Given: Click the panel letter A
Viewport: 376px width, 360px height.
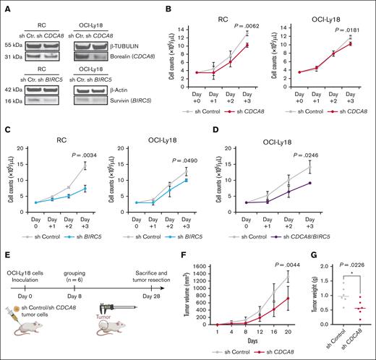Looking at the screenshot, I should [x=5, y=6].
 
